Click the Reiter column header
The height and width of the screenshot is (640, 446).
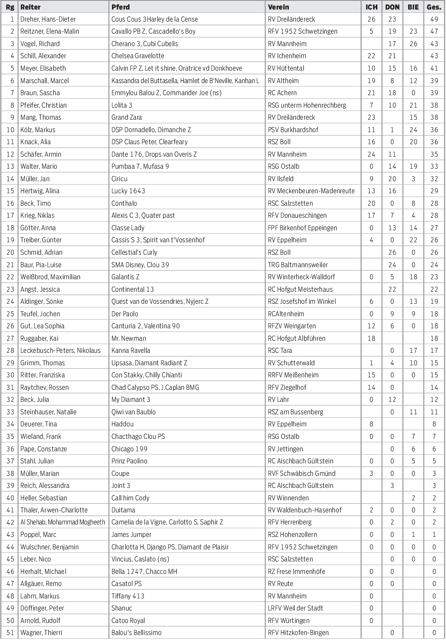pos(30,7)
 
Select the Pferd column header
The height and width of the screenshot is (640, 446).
pos(120,7)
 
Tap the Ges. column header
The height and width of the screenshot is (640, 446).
pos(434,7)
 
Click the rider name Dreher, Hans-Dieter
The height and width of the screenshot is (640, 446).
pos(48,19)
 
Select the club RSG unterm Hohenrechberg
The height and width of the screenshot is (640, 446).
pos(307,105)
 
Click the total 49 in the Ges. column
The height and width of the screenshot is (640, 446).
pos(434,19)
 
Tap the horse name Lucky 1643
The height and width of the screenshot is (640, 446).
pos(128,191)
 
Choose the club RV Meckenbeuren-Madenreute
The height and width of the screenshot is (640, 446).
pos(311,191)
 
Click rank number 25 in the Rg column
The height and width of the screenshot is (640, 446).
pos(10,314)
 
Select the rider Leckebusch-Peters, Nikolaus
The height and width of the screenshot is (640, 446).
pos(60,350)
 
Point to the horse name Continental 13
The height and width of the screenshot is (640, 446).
pos(132,289)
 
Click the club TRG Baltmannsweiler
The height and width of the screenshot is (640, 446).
pos(297,265)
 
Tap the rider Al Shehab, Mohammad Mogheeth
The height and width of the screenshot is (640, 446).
pos(62,522)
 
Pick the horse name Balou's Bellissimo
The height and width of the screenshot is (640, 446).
pos(136,633)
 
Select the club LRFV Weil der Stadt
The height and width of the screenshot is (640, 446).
pos(295,608)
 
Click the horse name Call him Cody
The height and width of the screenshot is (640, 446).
pos(130,498)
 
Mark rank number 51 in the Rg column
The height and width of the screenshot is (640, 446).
pos(10,633)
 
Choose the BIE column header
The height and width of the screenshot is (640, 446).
pos(413,7)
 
